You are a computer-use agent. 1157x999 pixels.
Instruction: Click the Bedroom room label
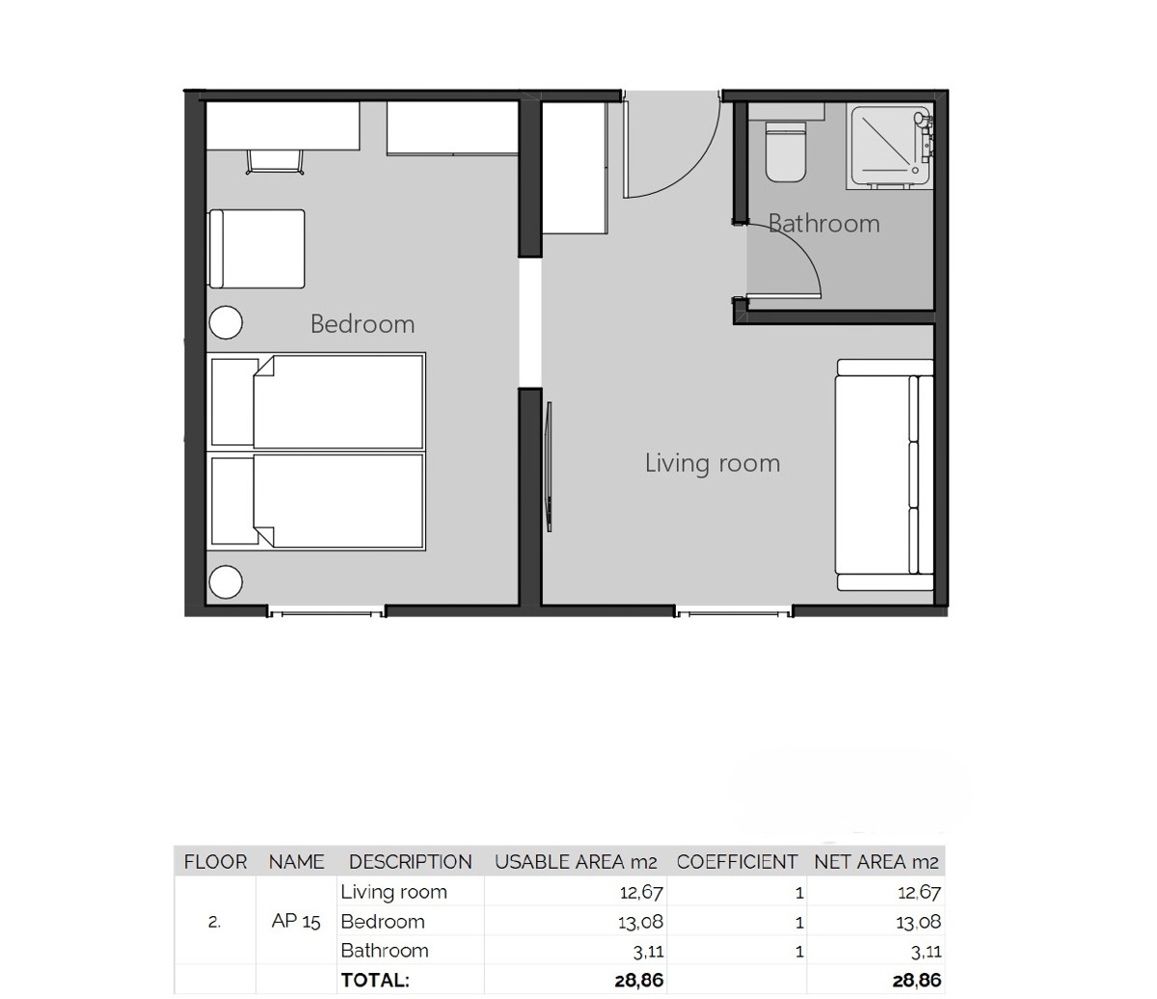pos(363,324)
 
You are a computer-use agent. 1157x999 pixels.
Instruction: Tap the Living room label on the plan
pos(712,464)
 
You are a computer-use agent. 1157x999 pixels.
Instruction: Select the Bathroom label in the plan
pos(824,224)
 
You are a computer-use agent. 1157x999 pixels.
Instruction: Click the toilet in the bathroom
pos(787,151)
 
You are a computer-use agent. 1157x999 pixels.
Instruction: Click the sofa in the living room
pos(884,474)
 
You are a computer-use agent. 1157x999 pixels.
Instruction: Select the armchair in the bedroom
pos(256,249)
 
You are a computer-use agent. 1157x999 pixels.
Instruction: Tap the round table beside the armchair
pos(226,322)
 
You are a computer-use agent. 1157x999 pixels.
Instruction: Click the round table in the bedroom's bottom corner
pos(226,582)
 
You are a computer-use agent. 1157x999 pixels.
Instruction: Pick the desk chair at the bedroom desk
pos(276,162)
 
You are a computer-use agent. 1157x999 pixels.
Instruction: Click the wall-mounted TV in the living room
pos(550,466)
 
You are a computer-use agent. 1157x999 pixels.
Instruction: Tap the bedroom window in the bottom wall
pos(325,611)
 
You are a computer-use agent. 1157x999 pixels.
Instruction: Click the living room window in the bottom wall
pos(733,611)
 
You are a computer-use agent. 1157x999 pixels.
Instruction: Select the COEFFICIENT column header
pos(737,862)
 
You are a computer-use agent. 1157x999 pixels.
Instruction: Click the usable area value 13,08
pos(640,922)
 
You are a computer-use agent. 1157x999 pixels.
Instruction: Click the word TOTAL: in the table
pos(375,981)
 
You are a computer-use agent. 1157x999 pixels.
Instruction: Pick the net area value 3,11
pos(926,952)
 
